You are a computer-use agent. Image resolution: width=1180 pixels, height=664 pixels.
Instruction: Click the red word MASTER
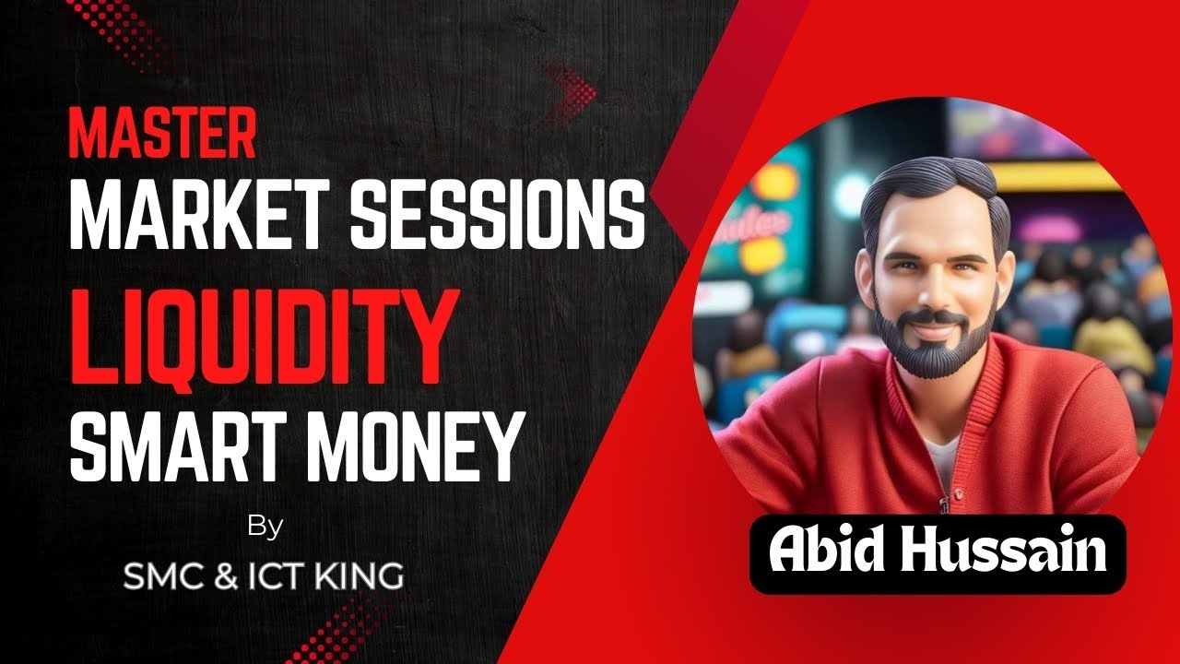click(162, 134)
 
